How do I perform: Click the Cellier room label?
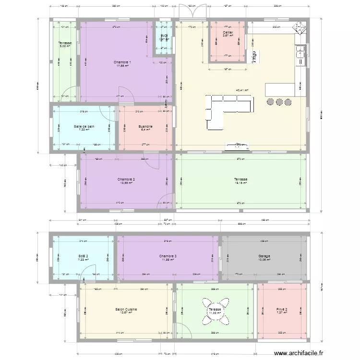[x=228, y=33]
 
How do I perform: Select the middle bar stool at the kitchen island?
[x=279, y=102]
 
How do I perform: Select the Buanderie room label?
[x=146, y=127]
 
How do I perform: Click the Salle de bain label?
[x=84, y=127]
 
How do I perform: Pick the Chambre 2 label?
[x=126, y=180]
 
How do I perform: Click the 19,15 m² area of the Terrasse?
[x=241, y=183]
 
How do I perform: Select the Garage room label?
[x=263, y=256]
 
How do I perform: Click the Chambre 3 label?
[x=168, y=256]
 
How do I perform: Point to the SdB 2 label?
[x=83, y=256]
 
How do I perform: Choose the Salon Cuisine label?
[x=126, y=310]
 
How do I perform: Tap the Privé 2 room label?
[x=282, y=310]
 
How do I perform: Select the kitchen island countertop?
[x=280, y=89]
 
